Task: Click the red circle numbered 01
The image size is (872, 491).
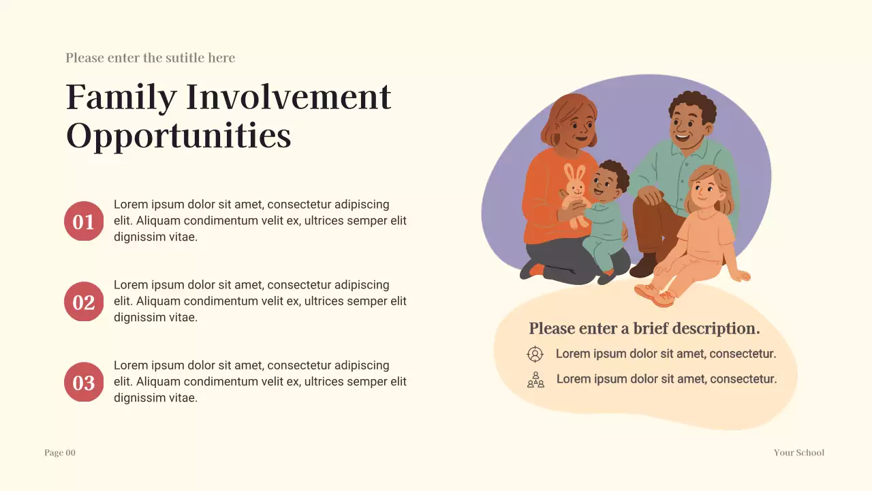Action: point(84,222)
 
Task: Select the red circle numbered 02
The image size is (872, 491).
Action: point(84,301)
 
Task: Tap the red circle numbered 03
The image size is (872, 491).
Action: point(84,382)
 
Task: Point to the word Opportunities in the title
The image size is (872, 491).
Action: point(178,135)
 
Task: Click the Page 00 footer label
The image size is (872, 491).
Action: point(60,453)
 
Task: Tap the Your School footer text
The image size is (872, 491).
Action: point(798,453)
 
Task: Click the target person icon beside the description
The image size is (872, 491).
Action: point(535,354)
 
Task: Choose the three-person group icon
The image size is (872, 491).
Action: point(536,380)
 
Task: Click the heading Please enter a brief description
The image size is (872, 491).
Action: point(644,329)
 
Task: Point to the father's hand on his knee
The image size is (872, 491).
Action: point(650,196)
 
